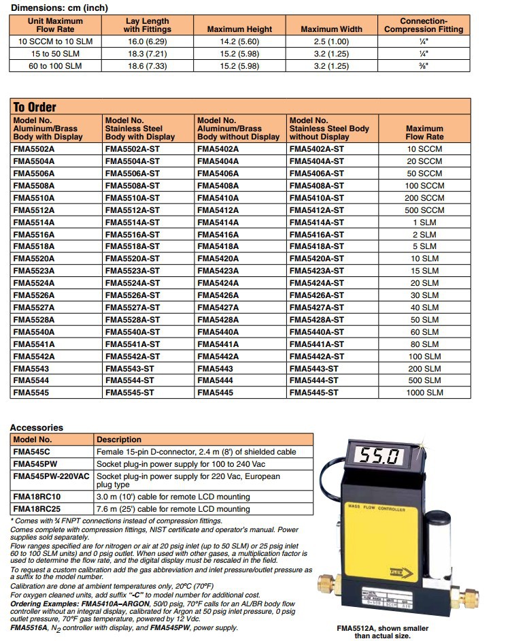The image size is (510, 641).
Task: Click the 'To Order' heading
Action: (35, 107)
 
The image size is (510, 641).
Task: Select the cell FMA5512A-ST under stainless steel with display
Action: (133, 210)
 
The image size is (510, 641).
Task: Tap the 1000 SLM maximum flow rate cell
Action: (424, 393)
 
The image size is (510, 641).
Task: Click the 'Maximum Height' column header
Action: (239, 29)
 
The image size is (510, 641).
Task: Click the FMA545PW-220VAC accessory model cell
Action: (51, 476)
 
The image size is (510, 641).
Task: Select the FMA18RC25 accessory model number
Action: (37, 509)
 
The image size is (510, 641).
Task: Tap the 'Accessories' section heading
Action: (36, 427)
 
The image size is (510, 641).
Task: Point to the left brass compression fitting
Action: (330, 585)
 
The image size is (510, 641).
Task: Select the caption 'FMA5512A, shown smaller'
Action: (382, 628)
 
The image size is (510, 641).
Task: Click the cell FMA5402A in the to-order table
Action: (218, 149)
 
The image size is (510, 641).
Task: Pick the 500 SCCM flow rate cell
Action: (424, 210)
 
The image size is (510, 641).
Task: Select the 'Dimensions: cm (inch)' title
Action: (60, 7)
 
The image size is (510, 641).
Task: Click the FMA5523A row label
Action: (33, 271)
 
